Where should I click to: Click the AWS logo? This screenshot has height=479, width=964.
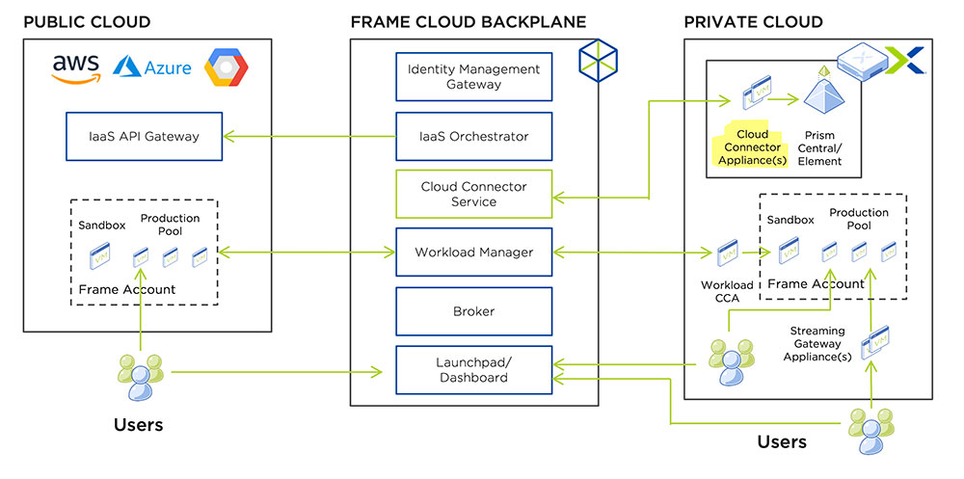point(76,68)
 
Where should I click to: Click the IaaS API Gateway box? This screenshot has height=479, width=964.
point(144,136)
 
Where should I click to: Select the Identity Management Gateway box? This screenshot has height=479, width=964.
point(473,77)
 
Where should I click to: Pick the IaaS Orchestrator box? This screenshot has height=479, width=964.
point(473,136)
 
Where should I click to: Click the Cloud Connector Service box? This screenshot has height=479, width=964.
point(473,194)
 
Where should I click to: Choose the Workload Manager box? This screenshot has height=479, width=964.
point(473,253)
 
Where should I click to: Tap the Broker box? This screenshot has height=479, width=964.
point(473,311)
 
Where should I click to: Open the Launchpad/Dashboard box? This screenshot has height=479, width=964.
point(473,370)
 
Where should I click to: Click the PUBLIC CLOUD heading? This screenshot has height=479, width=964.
point(87,21)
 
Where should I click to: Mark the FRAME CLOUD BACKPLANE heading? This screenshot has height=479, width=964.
point(468,21)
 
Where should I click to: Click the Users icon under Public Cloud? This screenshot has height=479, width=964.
point(140,377)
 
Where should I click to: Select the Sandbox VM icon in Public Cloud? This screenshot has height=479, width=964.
point(100,257)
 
